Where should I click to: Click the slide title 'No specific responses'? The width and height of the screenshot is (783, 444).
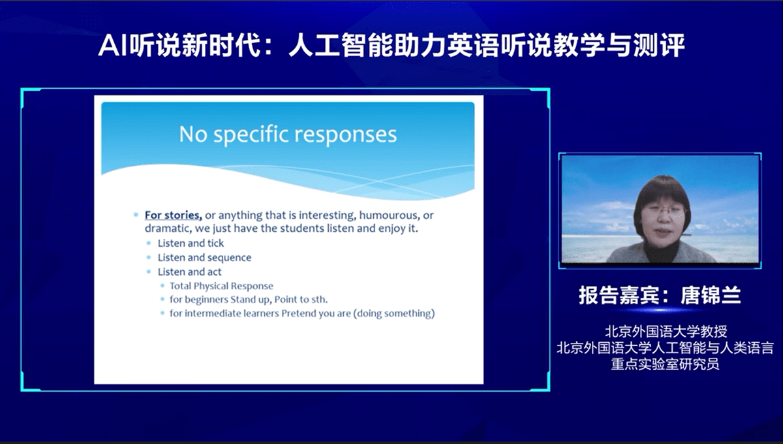288,135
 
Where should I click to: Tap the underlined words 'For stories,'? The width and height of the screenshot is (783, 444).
174,215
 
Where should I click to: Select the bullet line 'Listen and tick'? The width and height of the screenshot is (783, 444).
191,243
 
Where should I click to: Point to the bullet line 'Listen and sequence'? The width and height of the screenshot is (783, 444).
204,257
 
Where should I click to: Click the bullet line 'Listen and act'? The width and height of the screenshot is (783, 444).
189,272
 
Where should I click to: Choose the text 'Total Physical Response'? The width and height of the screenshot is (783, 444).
221,286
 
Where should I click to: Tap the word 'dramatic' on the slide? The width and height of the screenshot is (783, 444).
168,229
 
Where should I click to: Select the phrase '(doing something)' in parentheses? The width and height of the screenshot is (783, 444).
394,313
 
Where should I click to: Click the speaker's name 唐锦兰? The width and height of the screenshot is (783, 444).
711,295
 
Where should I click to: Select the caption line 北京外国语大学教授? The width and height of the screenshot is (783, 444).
666,331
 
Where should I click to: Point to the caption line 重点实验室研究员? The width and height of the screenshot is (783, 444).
665,364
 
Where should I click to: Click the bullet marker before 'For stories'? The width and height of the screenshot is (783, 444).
136,215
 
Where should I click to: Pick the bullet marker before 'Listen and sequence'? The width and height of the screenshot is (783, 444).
149,257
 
